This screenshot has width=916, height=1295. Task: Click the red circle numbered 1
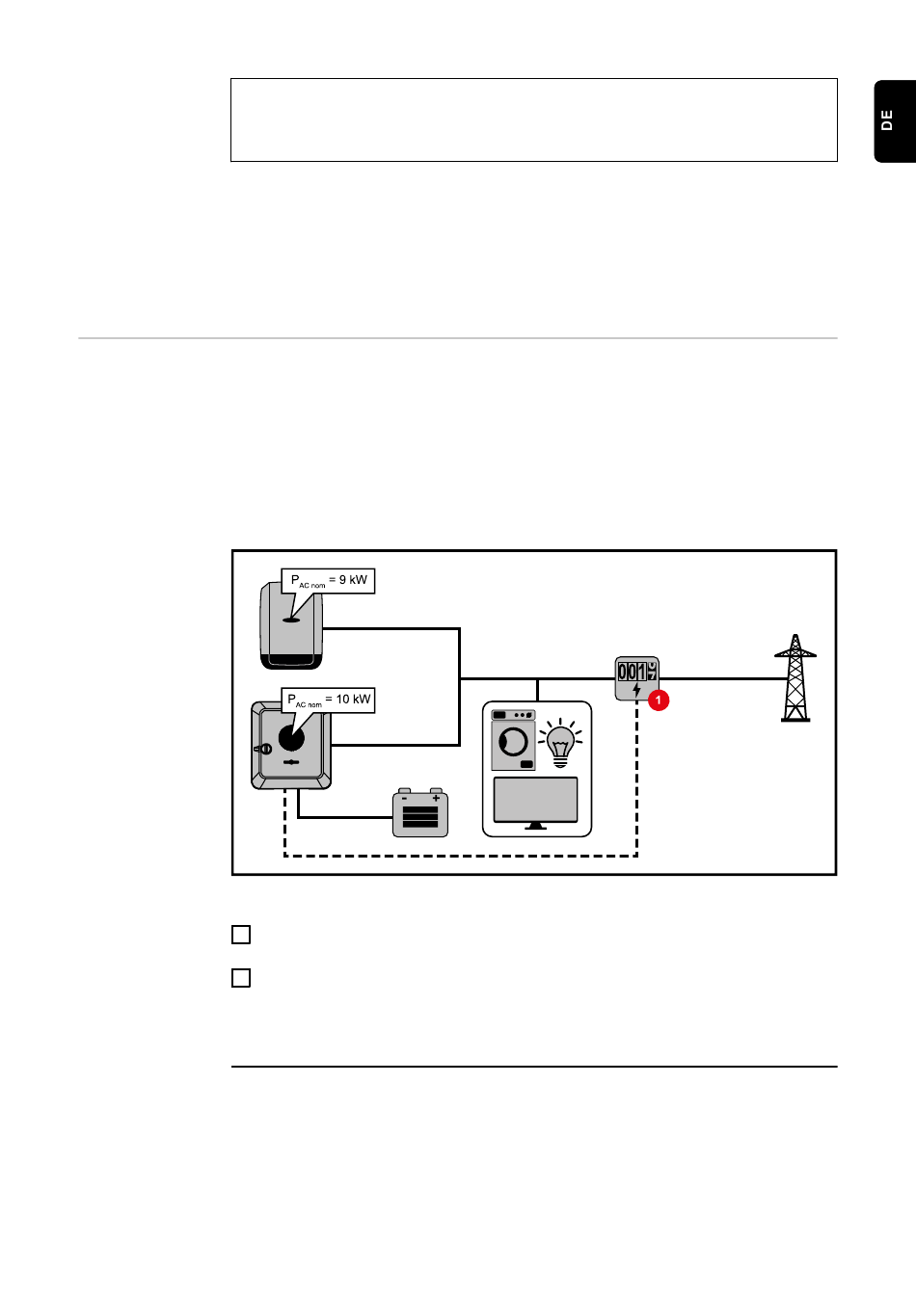click(x=659, y=700)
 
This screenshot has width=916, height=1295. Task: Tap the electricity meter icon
click(x=636, y=678)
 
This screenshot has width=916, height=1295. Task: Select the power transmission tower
click(x=795, y=678)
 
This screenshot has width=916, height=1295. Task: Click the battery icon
click(x=420, y=813)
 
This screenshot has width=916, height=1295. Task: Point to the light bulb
click(x=560, y=743)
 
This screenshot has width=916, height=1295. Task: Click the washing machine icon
click(x=513, y=740)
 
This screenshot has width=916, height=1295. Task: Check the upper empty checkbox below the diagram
click(x=241, y=935)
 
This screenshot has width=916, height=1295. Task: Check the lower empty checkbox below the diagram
click(x=241, y=978)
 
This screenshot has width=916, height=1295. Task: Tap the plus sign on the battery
click(x=436, y=798)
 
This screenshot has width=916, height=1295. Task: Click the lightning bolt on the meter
click(x=636, y=690)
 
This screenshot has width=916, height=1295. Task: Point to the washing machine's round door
click(x=514, y=742)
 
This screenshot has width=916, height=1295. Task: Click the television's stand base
click(x=536, y=827)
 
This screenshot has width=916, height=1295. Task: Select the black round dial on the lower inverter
click(x=291, y=738)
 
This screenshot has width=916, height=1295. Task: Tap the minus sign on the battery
click(x=405, y=798)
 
